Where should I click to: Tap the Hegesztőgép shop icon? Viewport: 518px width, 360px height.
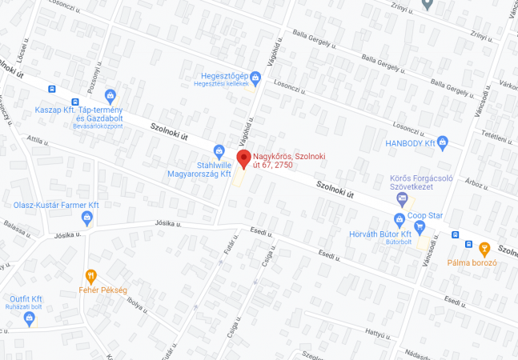point(255,78)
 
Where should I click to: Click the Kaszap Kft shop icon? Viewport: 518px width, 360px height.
point(110,97)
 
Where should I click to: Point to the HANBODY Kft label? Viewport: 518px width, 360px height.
point(409,143)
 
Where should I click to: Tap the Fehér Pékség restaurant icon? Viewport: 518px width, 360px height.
point(91,277)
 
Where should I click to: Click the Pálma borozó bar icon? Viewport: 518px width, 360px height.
point(484,247)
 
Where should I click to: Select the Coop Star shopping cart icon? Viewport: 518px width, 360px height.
point(419,227)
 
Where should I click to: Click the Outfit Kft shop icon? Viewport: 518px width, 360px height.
point(30,318)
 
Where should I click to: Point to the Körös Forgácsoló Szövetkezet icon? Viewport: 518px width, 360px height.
point(402,198)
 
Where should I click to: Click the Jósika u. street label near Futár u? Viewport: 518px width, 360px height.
point(168,224)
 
